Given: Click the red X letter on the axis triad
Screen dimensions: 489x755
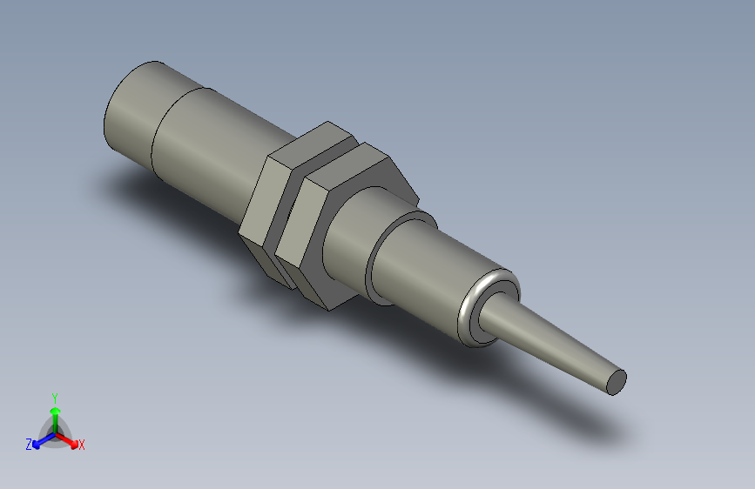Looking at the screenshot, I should click(82, 445).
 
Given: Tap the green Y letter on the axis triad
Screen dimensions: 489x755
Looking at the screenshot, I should click(54, 396).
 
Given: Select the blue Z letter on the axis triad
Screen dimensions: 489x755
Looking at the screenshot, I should click(29, 445).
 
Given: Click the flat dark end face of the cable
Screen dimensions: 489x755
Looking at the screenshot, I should click(616, 380).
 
